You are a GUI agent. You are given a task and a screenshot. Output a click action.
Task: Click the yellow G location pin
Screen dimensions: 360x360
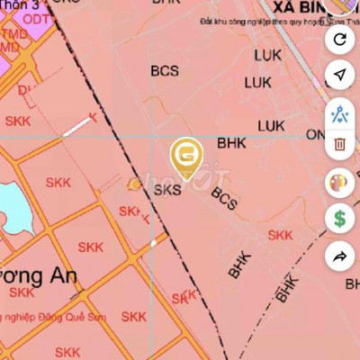[185, 155]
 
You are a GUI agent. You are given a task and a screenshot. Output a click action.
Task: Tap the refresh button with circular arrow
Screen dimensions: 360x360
[339, 39]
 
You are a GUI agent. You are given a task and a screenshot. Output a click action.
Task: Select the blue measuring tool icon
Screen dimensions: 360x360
[339, 113]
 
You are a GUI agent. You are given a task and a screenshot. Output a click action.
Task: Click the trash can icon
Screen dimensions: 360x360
[339, 144]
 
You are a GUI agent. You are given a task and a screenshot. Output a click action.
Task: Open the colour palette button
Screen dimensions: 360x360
[339, 183]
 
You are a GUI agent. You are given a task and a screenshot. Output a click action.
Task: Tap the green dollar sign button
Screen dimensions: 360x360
[339, 218]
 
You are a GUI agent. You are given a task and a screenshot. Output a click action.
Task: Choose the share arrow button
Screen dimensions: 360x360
[339, 256]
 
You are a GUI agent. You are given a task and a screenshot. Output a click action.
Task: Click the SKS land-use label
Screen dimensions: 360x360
[167, 190]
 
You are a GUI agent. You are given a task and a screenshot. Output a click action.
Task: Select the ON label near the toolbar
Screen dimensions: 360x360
[314, 134]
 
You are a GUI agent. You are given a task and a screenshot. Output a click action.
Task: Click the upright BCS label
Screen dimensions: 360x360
[165, 69]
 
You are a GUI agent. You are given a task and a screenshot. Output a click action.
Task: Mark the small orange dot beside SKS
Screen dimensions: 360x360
[134, 185]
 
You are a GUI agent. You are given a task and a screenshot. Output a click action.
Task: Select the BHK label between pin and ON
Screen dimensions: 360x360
[231, 142]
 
